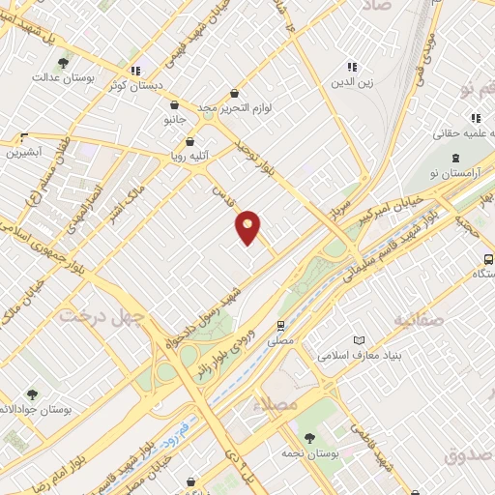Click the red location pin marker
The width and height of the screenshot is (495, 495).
point(248,226)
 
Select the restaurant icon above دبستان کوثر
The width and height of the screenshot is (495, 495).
point(137,70)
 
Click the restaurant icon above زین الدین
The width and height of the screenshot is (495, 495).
point(352,67)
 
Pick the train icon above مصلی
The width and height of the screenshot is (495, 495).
point(280,326)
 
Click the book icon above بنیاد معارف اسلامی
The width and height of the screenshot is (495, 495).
point(360,340)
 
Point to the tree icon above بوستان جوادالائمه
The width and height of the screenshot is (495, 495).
point(32,393)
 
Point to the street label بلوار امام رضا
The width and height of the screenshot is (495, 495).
point(77,430)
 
